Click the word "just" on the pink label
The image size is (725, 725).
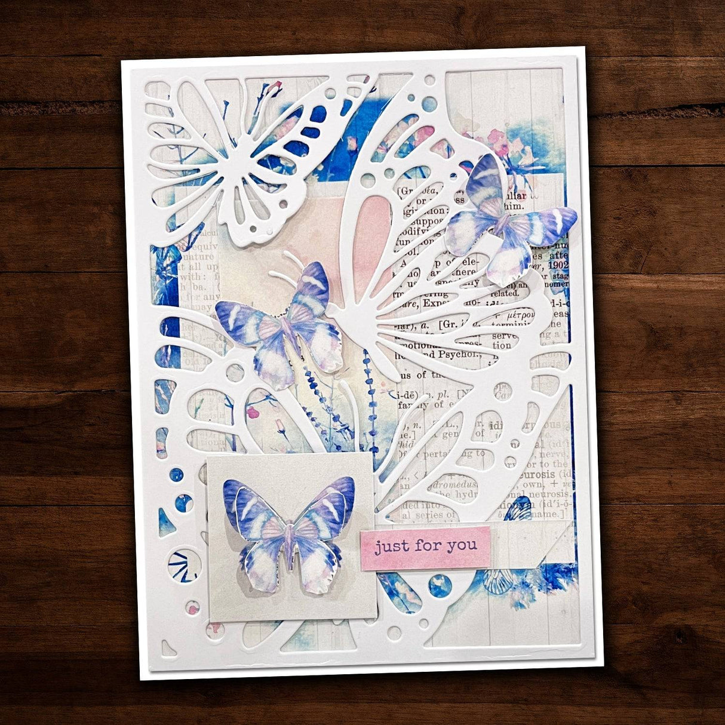click(392, 546)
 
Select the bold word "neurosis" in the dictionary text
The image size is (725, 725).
click(539, 474)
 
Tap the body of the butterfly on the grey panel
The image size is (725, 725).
click(290, 540)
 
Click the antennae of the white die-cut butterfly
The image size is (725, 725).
click(285, 266)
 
